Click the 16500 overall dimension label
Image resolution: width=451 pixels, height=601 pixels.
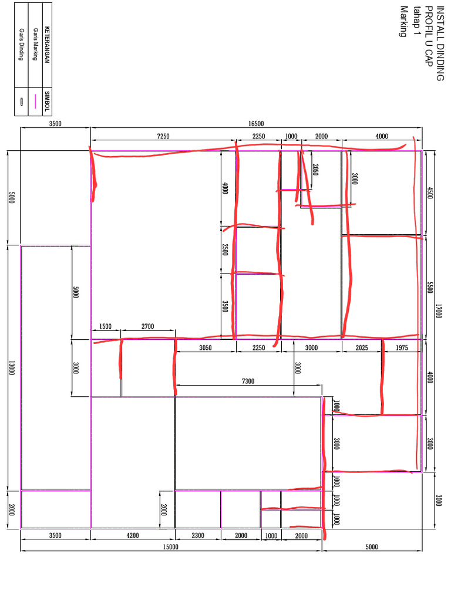click(x=256, y=123)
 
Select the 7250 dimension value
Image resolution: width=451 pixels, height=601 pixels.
click(x=163, y=136)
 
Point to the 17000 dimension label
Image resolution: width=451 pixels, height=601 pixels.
click(x=438, y=311)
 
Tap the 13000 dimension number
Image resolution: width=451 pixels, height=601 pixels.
click(x=12, y=367)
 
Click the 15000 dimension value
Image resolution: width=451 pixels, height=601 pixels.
click(x=171, y=546)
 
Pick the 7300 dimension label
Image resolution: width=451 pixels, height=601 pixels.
click(x=248, y=381)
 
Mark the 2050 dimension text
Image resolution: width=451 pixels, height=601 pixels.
click(x=315, y=170)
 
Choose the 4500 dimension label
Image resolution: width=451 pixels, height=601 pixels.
click(x=430, y=193)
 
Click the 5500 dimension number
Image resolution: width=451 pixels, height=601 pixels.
click(x=430, y=287)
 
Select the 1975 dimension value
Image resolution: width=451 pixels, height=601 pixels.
click(x=402, y=347)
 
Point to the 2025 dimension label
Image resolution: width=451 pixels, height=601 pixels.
click(x=362, y=347)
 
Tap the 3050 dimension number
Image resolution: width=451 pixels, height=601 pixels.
click(x=205, y=347)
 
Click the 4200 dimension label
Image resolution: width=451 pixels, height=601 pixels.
click(x=133, y=535)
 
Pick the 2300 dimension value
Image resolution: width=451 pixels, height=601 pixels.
click(x=198, y=535)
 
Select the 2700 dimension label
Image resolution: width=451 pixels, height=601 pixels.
click(x=147, y=326)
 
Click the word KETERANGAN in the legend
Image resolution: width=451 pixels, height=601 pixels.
click(x=47, y=45)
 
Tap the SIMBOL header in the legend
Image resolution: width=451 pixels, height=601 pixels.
click(x=47, y=101)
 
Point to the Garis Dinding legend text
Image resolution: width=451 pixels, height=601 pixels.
click(x=21, y=44)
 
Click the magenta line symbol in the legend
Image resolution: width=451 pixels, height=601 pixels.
click(x=35, y=102)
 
